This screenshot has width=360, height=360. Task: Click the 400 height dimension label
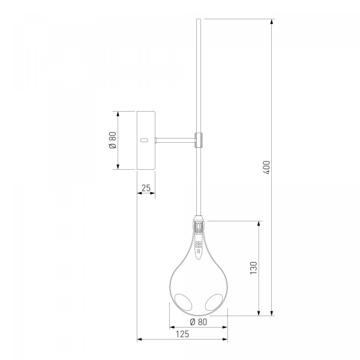[x=266, y=167]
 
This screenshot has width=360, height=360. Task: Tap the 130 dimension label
[x=254, y=268]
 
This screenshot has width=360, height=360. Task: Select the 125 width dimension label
[x=182, y=334]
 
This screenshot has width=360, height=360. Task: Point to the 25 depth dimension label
[x=146, y=188]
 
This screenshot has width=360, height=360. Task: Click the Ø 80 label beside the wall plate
[x=113, y=140]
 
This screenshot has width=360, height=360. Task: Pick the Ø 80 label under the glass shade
[x=199, y=322]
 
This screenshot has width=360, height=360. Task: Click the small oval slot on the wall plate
[x=144, y=140]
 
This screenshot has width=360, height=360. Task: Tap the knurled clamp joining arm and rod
[x=199, y=140]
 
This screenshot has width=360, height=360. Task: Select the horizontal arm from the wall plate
[x=175, y=140]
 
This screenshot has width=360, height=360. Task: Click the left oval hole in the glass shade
[x=183, y=302]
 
